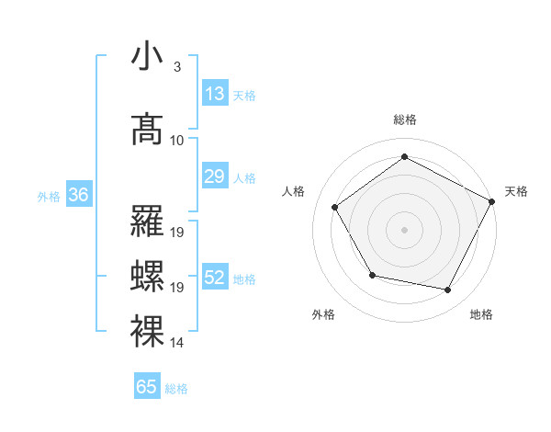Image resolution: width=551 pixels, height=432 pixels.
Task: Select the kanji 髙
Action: [149, 129]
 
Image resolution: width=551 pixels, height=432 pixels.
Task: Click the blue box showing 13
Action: [215, 94]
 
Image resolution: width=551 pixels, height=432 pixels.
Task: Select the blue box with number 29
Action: [215, 176]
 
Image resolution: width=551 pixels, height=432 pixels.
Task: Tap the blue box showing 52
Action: [215, 278]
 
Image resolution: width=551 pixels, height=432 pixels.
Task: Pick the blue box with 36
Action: [78, 195]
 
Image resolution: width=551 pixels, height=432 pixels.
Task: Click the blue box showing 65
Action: [147, 387]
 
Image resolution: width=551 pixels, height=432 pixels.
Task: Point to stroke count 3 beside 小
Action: [176, 67]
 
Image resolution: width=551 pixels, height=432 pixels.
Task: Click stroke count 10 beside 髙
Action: [177, 140]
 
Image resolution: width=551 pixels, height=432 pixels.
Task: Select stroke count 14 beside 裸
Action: [177, 342]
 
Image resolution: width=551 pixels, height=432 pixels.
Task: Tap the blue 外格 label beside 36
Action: [49, 196]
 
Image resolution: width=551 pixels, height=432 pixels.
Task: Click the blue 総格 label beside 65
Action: [176, 389]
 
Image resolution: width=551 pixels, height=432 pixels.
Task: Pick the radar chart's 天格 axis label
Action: [516, 191]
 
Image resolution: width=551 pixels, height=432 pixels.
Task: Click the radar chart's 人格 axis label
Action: [294, 191]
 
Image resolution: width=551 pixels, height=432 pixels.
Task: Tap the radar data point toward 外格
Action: [372, 275]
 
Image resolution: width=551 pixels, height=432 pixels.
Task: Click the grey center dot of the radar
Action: [405, 229]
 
